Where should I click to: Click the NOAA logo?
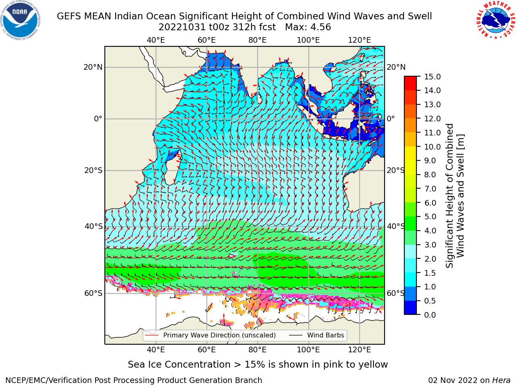(x=20, y=20)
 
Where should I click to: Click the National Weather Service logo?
(x=495, y=20)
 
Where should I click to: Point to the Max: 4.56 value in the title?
(x=308, y=27)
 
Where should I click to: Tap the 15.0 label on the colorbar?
(x=432, y=77)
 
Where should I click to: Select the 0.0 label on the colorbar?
(x=430, y=315)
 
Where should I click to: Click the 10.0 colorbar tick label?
(x=432, y=147)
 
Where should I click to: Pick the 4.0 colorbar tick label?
(x=430, y=231)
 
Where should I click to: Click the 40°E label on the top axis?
(x=156, y=40)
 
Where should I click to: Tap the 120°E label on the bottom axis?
(x=360, y=350)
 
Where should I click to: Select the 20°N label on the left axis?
(x=93, y=67)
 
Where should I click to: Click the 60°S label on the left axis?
(x=94, y=293)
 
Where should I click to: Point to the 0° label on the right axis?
(x=391, y=119)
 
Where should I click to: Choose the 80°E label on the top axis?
(x=258, y=40)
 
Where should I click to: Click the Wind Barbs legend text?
(x=326, y=335)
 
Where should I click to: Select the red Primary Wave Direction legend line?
(x=152, y=335)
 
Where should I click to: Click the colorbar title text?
(x=455, y=196)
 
